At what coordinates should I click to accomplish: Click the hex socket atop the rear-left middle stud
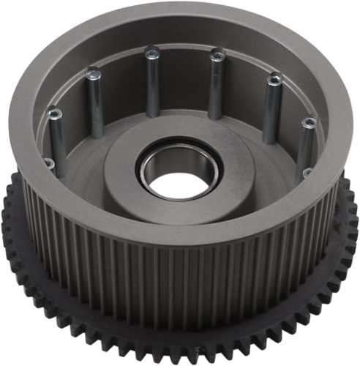pos(151,53)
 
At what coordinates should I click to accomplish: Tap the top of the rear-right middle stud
pos(217,53)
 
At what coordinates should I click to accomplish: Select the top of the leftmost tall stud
pos(53,115)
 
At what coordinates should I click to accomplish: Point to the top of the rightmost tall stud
pos(310,123)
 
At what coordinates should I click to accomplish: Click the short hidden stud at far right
pos(307,173)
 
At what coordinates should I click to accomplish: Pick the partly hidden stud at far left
pos(48,164)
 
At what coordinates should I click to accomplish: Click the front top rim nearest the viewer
pos(183,235)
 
